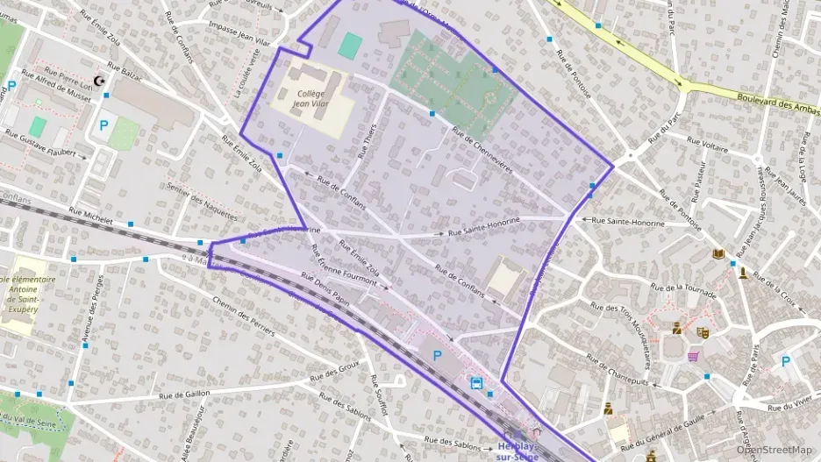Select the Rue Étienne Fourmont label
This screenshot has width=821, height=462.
coord(345,265)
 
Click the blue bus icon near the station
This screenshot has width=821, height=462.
coord(476,383)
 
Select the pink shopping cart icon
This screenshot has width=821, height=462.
coord(693,356)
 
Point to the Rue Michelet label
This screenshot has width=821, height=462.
coord(84,215)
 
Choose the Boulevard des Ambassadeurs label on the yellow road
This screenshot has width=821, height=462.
coord(775,103)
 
